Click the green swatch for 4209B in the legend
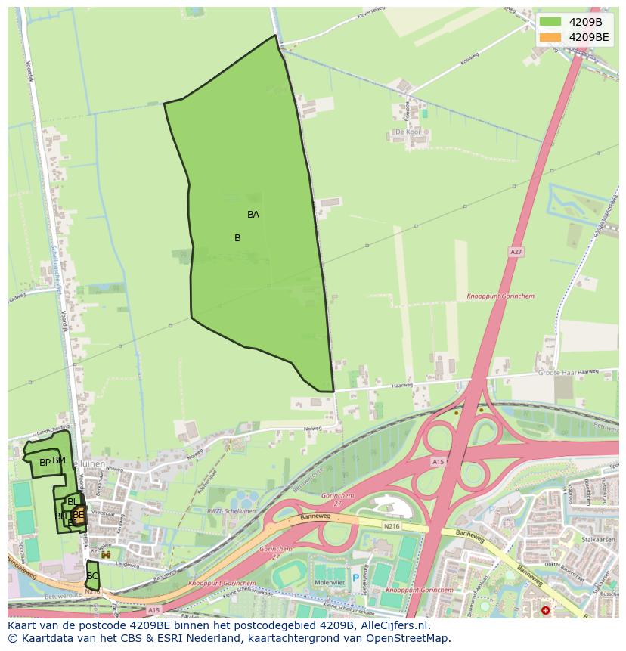[550, 22]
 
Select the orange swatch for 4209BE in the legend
[550, 37]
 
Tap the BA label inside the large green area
[253, 215]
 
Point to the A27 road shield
[516, 252]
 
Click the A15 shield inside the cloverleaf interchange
[438, 461]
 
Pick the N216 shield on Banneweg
[391, 526]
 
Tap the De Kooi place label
[408, 132]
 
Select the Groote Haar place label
[558, 373]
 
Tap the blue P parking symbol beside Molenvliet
[355, 578]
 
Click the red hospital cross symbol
[546, 610]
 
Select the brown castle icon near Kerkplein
[106, 555]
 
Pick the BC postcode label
[92, 576]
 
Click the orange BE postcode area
[79, 515]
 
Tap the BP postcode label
[45, 462]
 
